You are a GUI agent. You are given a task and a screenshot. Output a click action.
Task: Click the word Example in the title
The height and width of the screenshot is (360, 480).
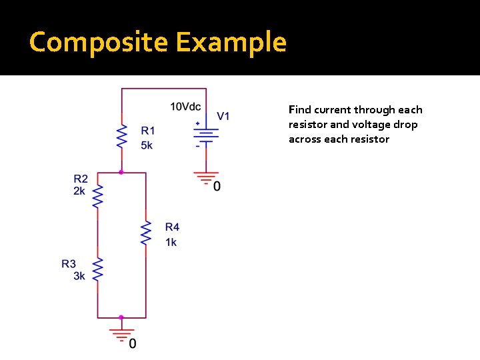coord(231,42)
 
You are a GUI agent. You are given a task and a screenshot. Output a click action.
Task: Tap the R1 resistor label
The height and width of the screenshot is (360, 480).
coord(147,131)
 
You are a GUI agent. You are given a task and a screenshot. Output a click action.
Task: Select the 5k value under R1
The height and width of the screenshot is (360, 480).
coord(147,144)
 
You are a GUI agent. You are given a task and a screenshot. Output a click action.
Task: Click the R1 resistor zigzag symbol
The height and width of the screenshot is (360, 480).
coord(121,136)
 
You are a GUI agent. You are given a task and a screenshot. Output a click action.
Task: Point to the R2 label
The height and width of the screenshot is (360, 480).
coord(81,179)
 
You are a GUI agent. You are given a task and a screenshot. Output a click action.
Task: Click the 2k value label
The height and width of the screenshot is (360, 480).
coord(80,191)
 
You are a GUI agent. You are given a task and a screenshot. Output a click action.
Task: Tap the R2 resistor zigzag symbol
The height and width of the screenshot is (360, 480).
coord(97,197)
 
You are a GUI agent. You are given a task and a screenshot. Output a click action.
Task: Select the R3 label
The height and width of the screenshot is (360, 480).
coord(69,264)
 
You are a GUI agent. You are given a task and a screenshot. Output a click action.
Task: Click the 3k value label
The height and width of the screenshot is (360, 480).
coord(79,276)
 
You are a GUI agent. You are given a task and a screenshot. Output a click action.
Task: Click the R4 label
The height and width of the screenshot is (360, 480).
coord(172,227)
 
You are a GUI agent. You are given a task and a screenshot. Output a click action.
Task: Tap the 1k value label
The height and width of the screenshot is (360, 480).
coord(171,242)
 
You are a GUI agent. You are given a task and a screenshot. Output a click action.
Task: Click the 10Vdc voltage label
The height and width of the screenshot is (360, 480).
coord(185,107)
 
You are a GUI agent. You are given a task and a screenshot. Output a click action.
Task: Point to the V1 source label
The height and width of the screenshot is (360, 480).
coord(223,116)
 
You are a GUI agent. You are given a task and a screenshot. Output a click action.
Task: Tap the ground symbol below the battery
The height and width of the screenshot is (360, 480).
coord(206,178)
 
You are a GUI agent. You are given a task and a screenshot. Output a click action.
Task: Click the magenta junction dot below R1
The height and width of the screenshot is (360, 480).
coord(121,172)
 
